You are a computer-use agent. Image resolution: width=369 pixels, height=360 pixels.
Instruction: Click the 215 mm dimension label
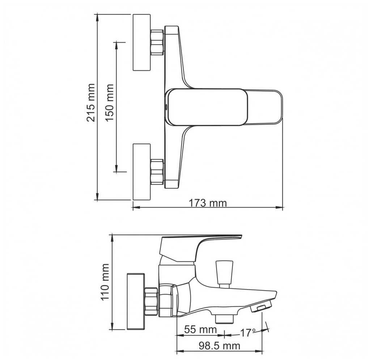[x=91, y=103]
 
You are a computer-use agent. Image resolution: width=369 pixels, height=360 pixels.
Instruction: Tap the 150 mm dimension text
[x=110, y=103]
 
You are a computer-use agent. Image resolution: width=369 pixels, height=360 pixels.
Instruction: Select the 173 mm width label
[x=208, y=203]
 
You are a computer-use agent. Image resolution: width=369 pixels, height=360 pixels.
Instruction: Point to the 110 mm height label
[x=105, y=282]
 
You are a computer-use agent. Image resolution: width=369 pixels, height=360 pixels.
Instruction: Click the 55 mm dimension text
[x=200, y=329]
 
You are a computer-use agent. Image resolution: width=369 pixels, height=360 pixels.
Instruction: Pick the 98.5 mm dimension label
[x=219, y=346]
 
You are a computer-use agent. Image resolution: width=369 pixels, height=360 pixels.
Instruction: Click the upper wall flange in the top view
[x=142, y=42]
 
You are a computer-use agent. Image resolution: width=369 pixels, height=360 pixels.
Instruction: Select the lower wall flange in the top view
[x=142, y=172]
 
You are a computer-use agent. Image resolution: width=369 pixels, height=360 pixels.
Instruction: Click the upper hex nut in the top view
[x=157, y=42]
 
